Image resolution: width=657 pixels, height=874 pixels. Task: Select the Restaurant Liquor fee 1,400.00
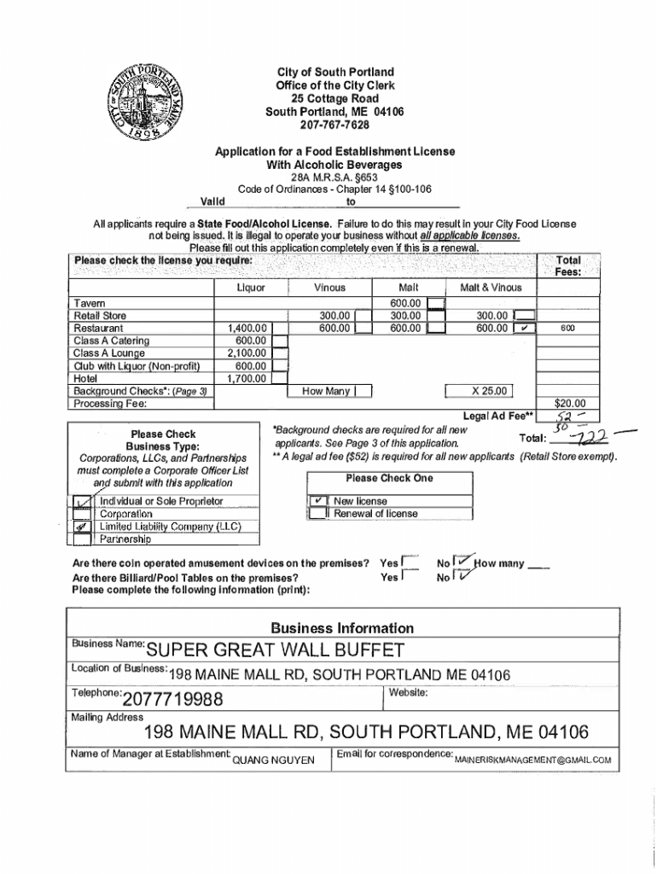[247, 328]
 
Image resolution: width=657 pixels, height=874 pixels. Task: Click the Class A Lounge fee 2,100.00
[247, 353]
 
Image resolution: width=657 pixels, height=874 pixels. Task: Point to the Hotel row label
[85, 378]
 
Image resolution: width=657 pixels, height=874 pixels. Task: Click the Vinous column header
[329, 288]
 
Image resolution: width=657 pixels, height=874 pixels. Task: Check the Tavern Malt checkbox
[436, 302]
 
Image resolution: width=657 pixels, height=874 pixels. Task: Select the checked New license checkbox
[317, 501]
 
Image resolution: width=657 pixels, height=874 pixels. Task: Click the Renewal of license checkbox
[317, 514]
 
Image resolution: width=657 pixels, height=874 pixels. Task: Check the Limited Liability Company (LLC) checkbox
[82, 527]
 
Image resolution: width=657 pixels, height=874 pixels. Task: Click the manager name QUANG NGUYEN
[273, 760]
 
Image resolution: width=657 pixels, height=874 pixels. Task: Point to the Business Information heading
[341, 627]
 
